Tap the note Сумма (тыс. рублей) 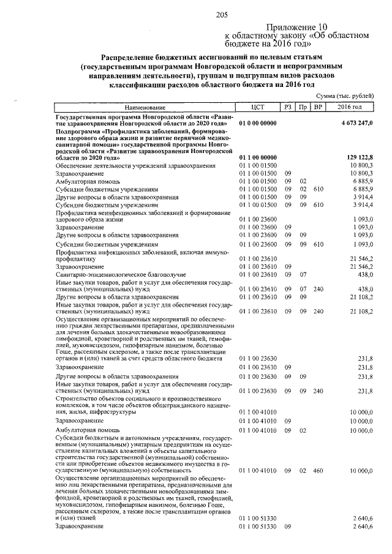346,97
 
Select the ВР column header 317,107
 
